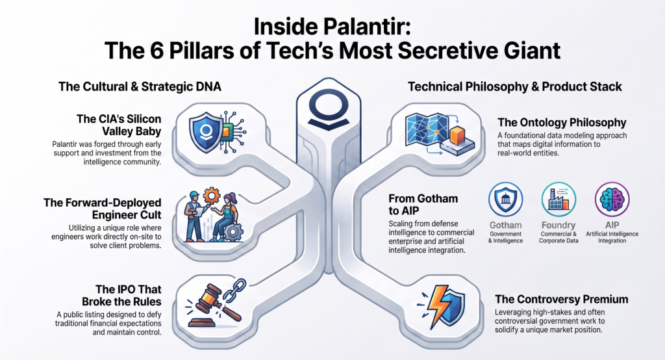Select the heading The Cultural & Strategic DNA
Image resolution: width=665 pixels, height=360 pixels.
[x=140, y=86]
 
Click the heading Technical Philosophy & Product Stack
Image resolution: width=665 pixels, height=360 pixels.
[x=515, y=86]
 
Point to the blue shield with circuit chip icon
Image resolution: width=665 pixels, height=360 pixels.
[x=217, y=132]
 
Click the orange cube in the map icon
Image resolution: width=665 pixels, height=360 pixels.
[x=458, y=135]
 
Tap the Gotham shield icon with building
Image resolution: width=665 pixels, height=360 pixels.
[x=505, y=199]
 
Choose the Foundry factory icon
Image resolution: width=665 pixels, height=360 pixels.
[x=558, y=199]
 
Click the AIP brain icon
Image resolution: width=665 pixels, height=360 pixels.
[x=612, y=199]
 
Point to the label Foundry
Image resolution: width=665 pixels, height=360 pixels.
[x=558, y=225]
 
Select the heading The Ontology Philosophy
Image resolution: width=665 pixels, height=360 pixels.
[x=562, y=123]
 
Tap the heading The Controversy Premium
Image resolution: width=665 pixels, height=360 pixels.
[x=562, y=300]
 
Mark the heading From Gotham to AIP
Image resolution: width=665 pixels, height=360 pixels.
[x=423, y=205]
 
